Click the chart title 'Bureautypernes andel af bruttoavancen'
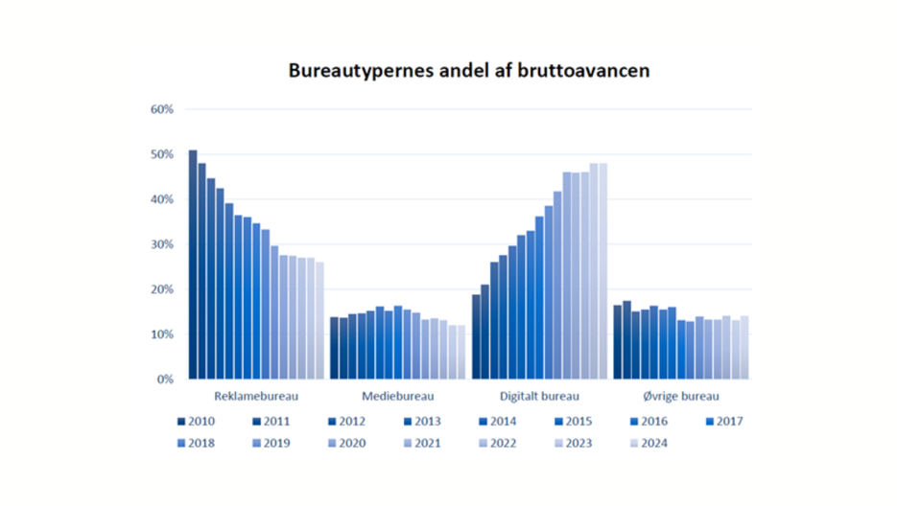click(469, 72)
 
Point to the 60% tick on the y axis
click(161, 109)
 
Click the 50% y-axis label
click(161, 154)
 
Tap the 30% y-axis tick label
click(161, 244)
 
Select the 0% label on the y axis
click(164, 379)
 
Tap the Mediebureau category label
click(397, 396)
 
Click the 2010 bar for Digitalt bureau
click(476, 336)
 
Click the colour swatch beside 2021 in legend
click(407, 443)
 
